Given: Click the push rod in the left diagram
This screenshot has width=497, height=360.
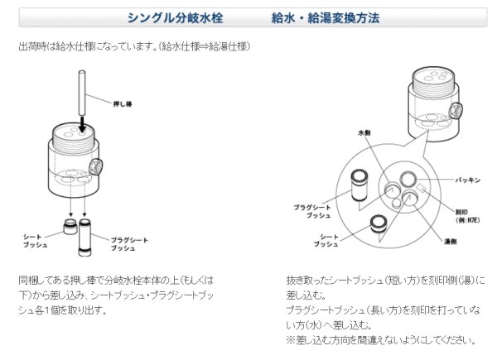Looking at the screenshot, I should (x=84, y=91).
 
